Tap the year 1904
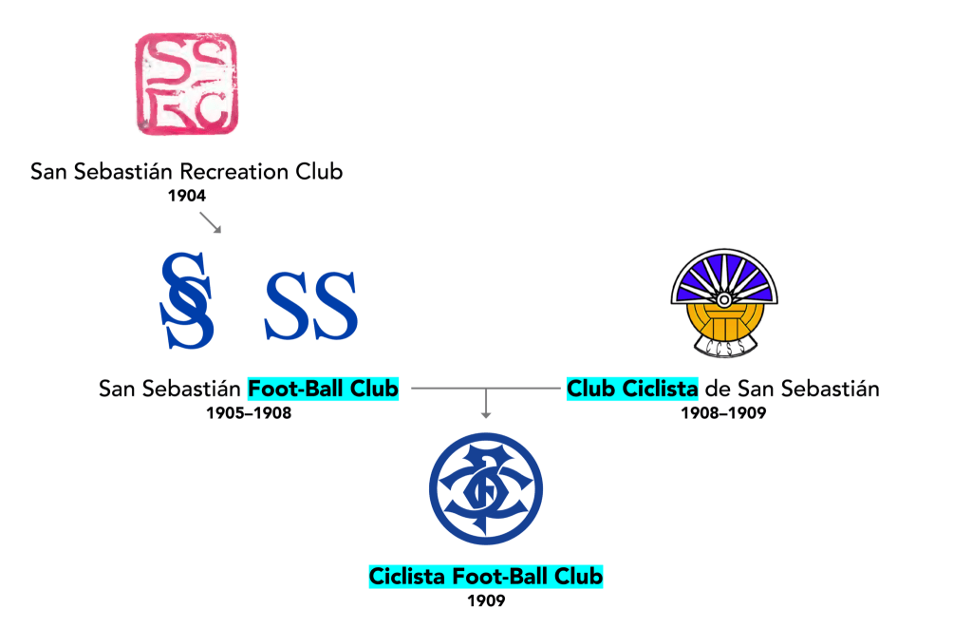coord(186,196)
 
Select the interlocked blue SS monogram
coord(187,299)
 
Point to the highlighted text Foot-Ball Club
coord(323,389)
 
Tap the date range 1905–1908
coord(249,413)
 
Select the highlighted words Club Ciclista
coord(632,389)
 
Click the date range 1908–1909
coord(723,413)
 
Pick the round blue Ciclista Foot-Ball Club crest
coord(486,488)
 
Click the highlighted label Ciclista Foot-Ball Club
coord(486,576)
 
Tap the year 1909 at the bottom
coord(486,600)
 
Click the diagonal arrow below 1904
coord(211,222)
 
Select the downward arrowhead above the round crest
coord(486,413)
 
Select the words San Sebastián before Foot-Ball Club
coord(171,389)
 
